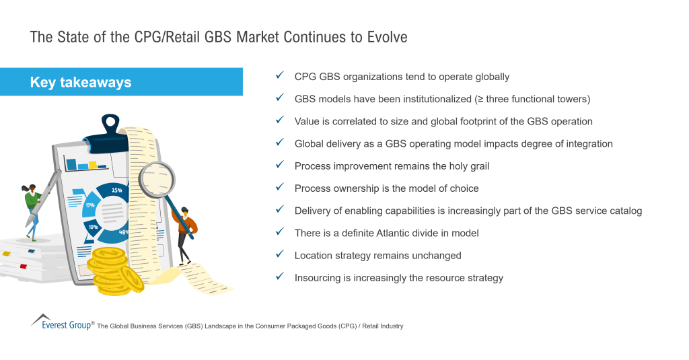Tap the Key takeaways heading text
[80, 82]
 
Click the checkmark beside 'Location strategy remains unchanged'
[280, 255]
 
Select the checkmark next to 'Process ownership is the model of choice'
[280, 188]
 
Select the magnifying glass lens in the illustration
[157, 179]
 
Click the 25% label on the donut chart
[117, 190]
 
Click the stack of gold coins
[114, 269]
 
